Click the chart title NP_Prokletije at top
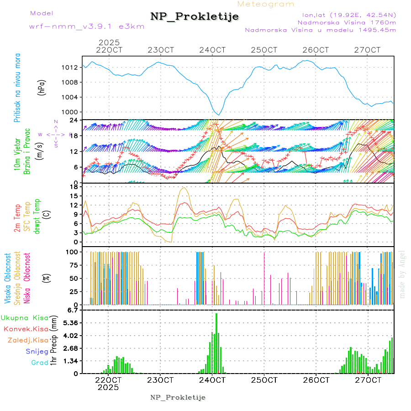195,17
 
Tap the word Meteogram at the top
266,4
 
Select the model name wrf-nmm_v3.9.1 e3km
86,26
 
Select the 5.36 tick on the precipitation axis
71,323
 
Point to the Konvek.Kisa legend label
26,329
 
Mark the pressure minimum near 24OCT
219,115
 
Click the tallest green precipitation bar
216,342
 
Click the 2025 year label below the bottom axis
108,387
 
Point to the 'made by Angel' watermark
402,274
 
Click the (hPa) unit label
42,88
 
